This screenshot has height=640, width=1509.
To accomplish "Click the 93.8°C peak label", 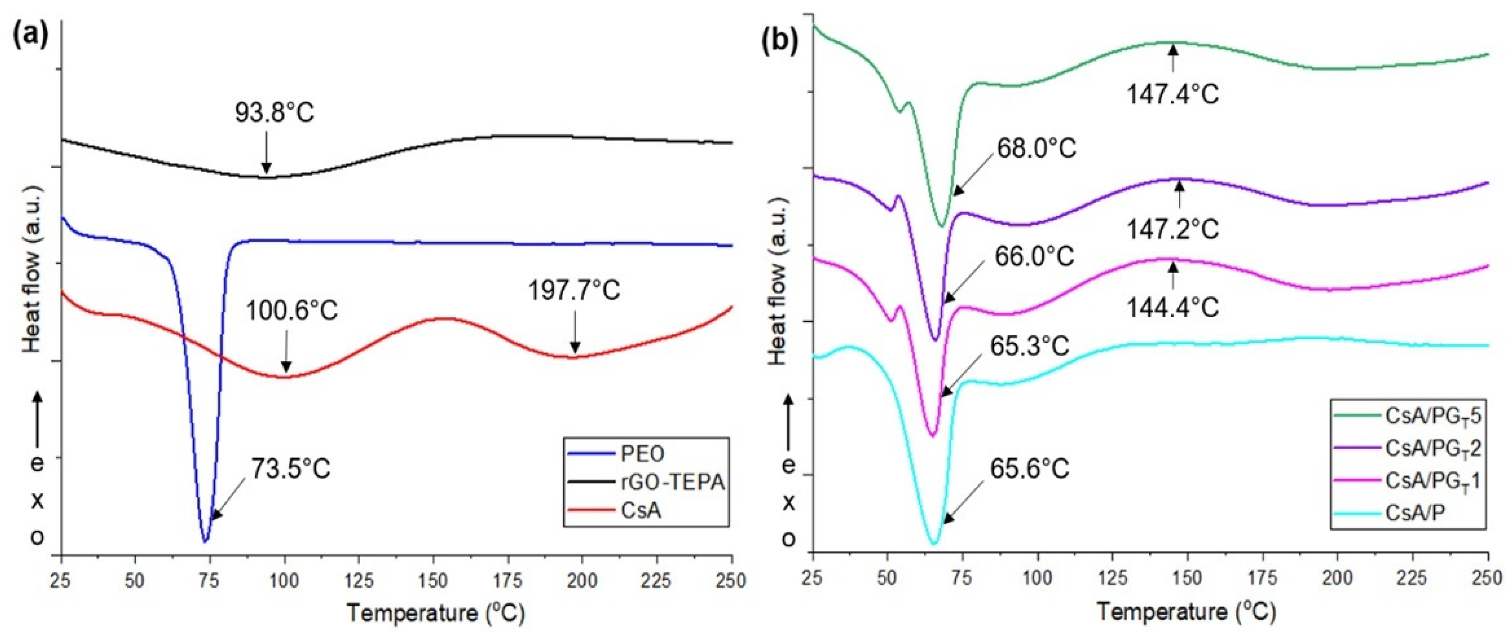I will click(275, 113).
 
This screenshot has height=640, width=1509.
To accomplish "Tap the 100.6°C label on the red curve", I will click(291, 311).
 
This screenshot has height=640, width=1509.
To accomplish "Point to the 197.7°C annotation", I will click(574, 291).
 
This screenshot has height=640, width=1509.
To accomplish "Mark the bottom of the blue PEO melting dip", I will click(205, 540).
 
